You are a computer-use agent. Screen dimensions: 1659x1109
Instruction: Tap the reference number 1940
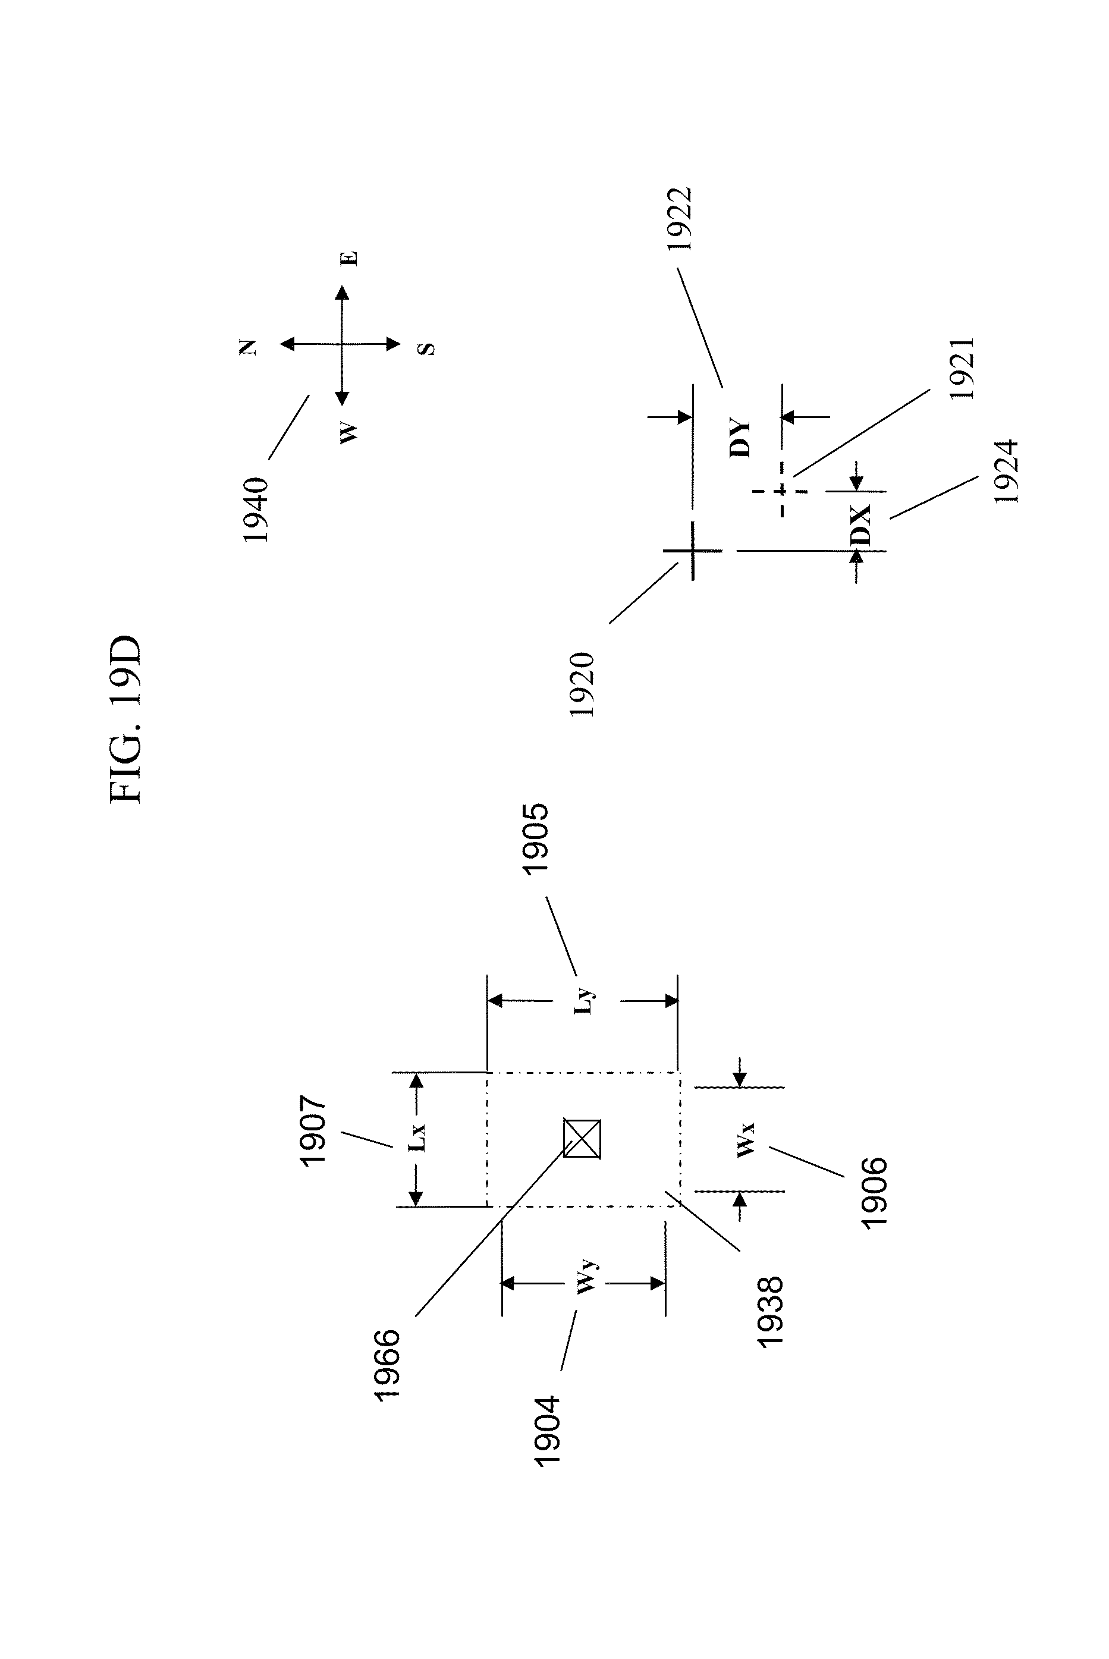tap(256, 510)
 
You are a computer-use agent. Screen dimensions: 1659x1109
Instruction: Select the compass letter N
tap(248, 347)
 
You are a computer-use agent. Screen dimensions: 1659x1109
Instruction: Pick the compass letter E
tap(350, 259)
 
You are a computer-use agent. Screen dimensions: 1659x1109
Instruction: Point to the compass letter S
tap(426, 348)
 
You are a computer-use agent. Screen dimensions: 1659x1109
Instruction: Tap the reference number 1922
tap(680, 219)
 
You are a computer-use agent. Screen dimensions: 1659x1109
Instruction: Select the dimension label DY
tap(739, 438)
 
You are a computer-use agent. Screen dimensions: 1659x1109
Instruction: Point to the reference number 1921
tap(963, 369)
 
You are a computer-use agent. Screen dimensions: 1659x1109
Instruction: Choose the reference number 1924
tap(1006, 471)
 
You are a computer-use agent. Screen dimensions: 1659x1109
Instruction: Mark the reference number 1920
tap(582, 684)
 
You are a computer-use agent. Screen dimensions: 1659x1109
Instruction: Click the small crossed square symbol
tap(582, 1139)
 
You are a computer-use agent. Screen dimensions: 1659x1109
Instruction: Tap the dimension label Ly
tap(585, 1001)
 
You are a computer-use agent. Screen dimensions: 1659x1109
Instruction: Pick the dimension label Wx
tap(746, 1139)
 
